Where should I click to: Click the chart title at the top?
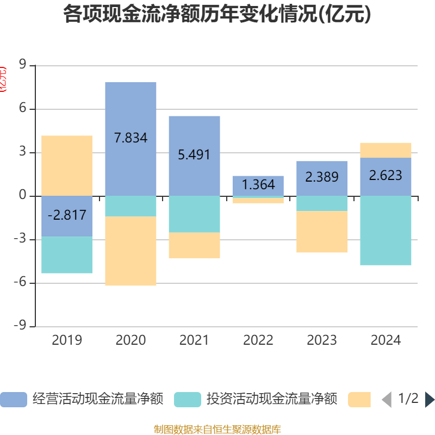click(x=217, y=15)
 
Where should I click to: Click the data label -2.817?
click(x=67, y=215)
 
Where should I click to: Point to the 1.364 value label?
click(x=258, y=184)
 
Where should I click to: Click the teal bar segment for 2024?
click(x=386, y=231)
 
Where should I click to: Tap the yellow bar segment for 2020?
click(x=130, y=251)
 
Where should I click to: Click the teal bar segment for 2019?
click(x=67, y=255)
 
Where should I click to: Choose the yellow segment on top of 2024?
click(x=386, y=150)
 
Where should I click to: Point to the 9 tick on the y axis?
click(x=23, y=65)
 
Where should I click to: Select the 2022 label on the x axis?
click(x=258, y=340)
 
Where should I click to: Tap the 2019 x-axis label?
click(x=67, y=340)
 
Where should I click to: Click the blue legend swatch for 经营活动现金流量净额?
click(x=14, y=400)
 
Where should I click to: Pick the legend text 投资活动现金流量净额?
click(x=272, y=400)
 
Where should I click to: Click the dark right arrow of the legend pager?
click(x=430, y=400)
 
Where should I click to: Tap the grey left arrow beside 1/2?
click(x=387, y=400)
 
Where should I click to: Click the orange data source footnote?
click(x=217, y=430)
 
